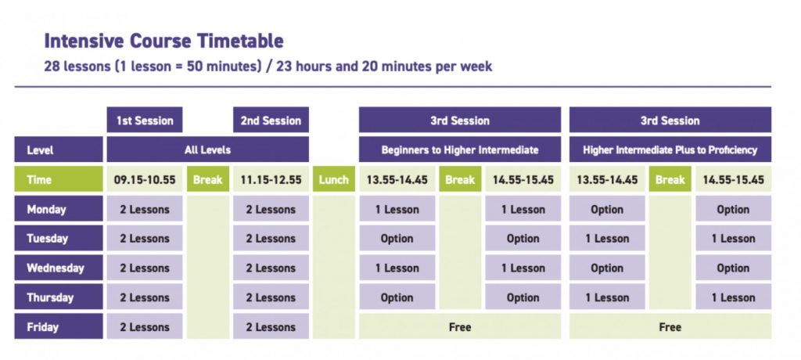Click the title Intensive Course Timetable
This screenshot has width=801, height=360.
tap(163, 41)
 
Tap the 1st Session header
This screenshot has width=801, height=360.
tap(145, 121)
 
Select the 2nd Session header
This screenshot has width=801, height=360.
tap(271, 121)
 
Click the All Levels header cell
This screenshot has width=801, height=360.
tap(207, 149)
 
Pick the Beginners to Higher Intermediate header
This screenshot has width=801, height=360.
tap(460, 149)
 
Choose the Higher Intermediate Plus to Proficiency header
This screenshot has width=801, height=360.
tap(670, 149)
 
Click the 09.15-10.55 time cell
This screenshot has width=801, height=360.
tap(145, 179)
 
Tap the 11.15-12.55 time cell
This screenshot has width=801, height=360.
tap(271, 179)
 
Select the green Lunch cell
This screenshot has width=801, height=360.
tap(334, 179)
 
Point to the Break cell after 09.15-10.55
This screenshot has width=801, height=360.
tap(208, 179)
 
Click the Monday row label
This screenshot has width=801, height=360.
tap(58, 209)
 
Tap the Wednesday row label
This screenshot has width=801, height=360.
tap(58, 268)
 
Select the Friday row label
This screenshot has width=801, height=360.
tap(58, 327)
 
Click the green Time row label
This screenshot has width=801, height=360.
tap(58, 179)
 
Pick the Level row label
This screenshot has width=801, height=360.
tap(58, 149)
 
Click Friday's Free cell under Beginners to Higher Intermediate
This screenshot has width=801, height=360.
tap(460, 327)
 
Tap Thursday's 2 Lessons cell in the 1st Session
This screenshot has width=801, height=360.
tap(145, 297)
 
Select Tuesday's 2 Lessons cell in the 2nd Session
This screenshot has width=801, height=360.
tap(271, 238)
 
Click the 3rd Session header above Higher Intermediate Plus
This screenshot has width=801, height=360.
tap(670, 121)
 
